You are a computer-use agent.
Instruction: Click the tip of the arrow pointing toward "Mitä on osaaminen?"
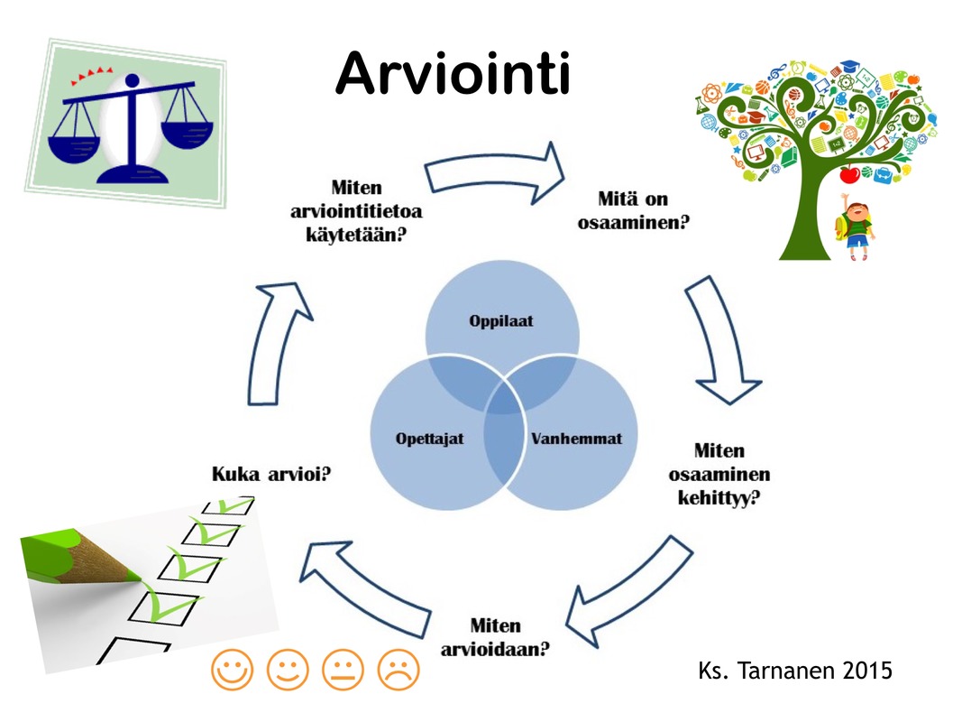pyautogui.click(x=563, y=176)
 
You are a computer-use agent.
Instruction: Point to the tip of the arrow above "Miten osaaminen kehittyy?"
pyautogui.click(x=728, y=404)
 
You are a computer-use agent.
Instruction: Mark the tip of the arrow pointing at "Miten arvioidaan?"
pyautogui.click(x=566, y=625)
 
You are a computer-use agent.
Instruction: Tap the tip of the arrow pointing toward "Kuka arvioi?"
pyautogui.click(x=300, y=580)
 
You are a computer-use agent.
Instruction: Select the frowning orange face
pyautogui.click(x=399, y=669)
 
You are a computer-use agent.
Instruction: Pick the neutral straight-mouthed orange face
pyautogui.click(x=343, y=669)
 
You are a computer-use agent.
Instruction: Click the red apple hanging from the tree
pyautogui.click(x=849, y=174)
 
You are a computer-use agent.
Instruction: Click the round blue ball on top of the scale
pyautogui.click(x=132, y=80)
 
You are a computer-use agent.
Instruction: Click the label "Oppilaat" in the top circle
pyautogui.click(x=501, y=321)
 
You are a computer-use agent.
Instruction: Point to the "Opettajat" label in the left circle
pyautogui.click(x=429, y=439)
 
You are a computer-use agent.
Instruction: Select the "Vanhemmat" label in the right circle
pyautogui.click(x=577, y=439)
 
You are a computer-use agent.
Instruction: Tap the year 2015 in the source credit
pyautogui.click(x=867, y=671)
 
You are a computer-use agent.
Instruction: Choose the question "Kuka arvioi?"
pyautogui.click(x=271, y=474)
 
